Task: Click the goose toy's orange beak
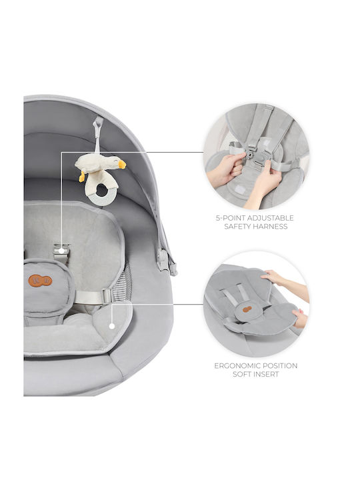122,165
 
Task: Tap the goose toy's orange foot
82,177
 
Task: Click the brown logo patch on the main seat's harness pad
40,281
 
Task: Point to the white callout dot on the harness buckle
61,251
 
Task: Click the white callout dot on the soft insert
112,326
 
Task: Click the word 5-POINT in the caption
230,218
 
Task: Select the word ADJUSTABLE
270,218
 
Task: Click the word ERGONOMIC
236,366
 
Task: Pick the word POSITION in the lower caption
279,366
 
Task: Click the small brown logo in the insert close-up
247,309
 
